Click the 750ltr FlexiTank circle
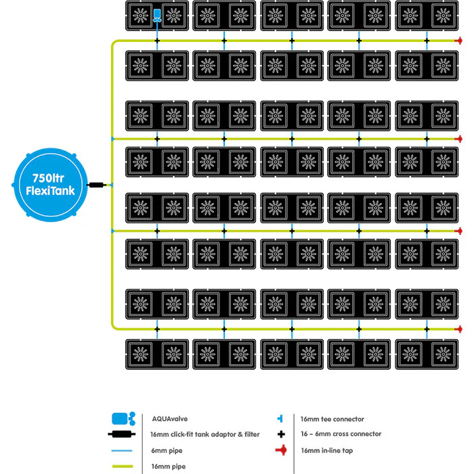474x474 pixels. (51, 185)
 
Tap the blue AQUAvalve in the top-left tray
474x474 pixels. (157, 16)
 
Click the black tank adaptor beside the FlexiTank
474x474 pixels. (96, 185)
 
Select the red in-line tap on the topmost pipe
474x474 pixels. (459, 41)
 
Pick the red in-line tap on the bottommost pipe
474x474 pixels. (459, 329)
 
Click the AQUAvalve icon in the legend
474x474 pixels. (124, 418)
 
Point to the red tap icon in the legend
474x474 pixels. (282, 450)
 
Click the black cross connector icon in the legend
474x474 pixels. (281, 434)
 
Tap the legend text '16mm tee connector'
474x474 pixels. (332, 419)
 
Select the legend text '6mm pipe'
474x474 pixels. (167, 450)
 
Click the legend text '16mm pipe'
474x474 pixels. (169, 467)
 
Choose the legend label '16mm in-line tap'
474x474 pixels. (327, 450)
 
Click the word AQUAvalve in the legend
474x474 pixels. (169, 418)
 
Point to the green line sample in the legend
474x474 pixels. (123, 466)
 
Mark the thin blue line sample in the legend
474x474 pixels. (122, 450)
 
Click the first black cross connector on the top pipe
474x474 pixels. (157, 41)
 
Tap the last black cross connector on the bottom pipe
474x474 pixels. (427, 329)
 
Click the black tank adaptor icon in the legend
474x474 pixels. (121, 435)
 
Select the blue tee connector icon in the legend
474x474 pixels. (280, 418)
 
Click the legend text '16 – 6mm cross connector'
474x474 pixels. (341, 434)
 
